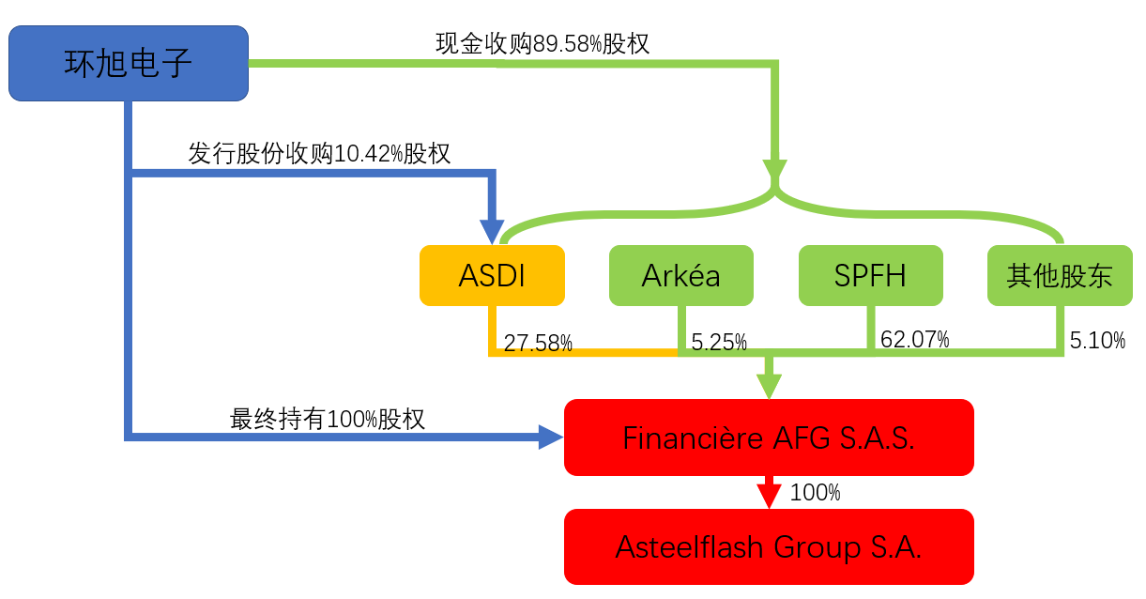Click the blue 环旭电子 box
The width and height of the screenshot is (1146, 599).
[129, 64]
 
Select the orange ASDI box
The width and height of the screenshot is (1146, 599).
[492, 275]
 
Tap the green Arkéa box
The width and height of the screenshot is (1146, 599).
[681, 275]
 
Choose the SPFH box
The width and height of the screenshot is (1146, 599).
[871, 275]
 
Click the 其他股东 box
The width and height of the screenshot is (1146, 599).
[1060, 275]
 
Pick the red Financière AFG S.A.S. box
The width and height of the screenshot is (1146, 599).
[769, 438]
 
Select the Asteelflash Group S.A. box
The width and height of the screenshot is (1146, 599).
[769, 546]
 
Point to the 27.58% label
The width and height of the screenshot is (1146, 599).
[538, 343]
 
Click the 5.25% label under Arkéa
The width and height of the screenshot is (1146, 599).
[719, 342]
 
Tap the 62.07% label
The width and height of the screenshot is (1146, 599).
[915, 339]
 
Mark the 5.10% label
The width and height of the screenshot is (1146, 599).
[1097, 341]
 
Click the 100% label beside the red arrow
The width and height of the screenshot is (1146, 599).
[815, 493]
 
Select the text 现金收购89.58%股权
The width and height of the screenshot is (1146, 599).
[542, 43]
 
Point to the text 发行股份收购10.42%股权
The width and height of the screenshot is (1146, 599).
[319, 153]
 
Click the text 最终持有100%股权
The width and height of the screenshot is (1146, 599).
[327, 419]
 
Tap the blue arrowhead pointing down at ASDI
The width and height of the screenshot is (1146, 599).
[492, 232]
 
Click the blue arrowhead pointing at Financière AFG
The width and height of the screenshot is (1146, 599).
[551, 438]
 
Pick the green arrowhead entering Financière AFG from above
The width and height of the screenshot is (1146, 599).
[769, 387]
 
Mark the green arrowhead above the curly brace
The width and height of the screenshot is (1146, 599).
[774, 169]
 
